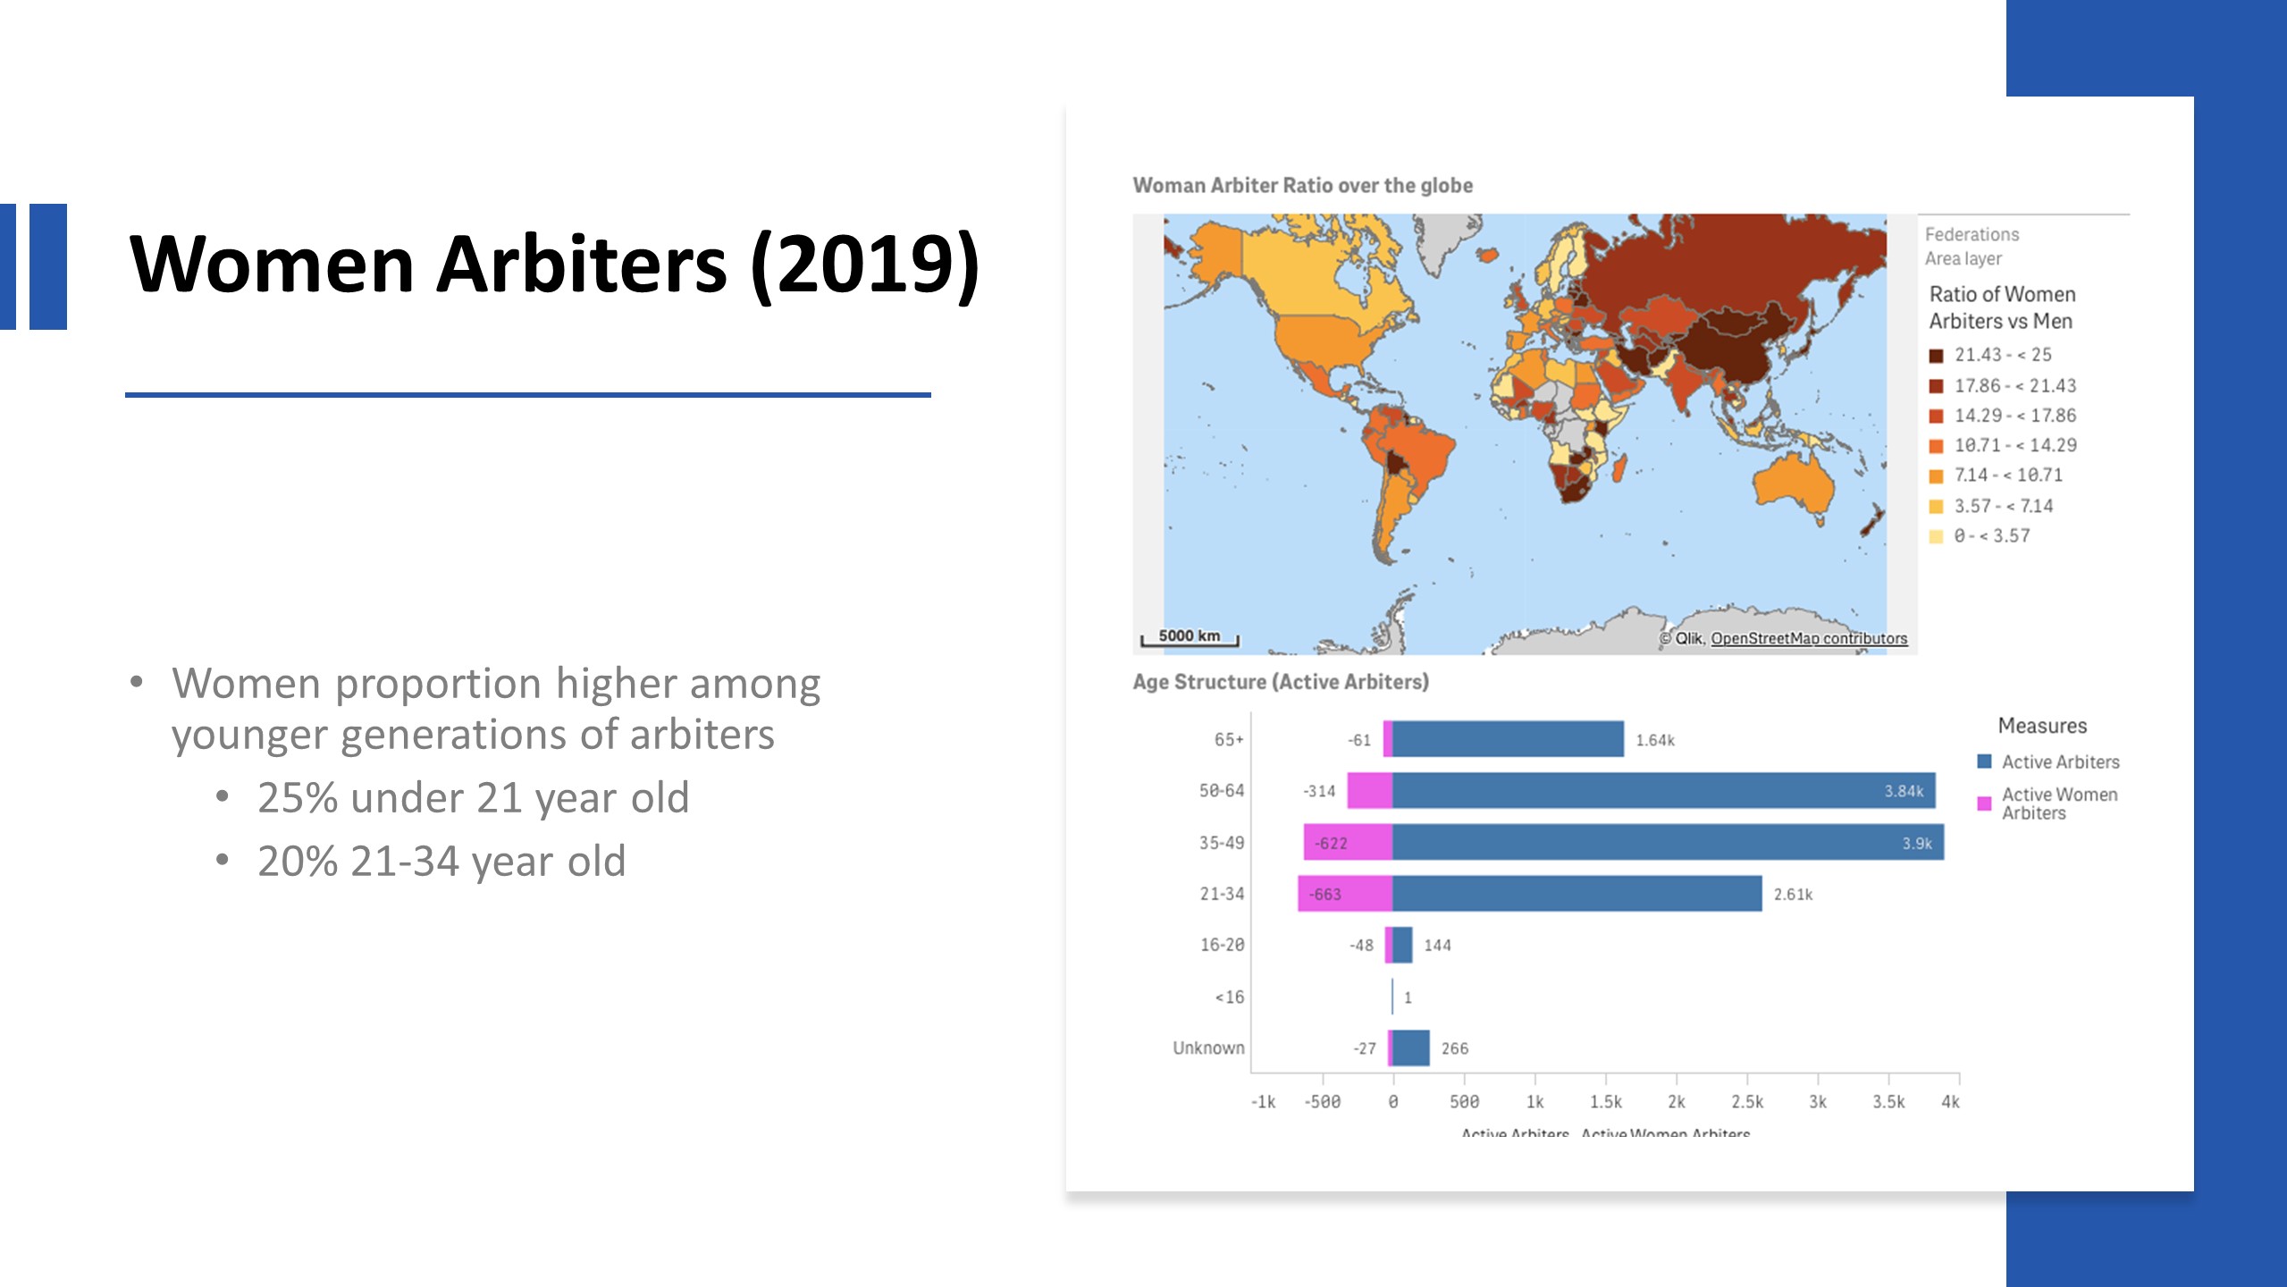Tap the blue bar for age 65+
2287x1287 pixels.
coord(1508,739)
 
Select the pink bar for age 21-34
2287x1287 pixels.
coord(1345,894)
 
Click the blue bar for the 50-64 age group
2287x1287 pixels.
coord(1662,791)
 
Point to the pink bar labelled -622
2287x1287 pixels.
coord(1348,843)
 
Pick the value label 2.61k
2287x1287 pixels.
coord(1793,895)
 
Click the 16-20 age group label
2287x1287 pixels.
coord(1222,945)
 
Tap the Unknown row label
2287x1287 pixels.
coord(1208,1047)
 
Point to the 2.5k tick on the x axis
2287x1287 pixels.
coord(1747,1102)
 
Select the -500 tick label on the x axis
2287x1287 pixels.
coord(1322,1102)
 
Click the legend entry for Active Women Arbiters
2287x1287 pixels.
coord(2059,803)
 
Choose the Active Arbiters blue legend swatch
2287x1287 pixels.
coord(1984,761)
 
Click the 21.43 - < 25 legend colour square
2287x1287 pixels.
coord(1936,356)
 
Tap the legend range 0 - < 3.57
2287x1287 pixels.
coord(1991,536)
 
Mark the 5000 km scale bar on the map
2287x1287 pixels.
coord(1190,637)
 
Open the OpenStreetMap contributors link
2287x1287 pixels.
coord(1809,638)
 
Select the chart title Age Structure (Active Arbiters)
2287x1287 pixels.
coord(1281,682)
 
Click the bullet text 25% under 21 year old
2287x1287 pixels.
coord(474,797)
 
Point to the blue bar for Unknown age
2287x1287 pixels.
coord(1411,1047)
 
